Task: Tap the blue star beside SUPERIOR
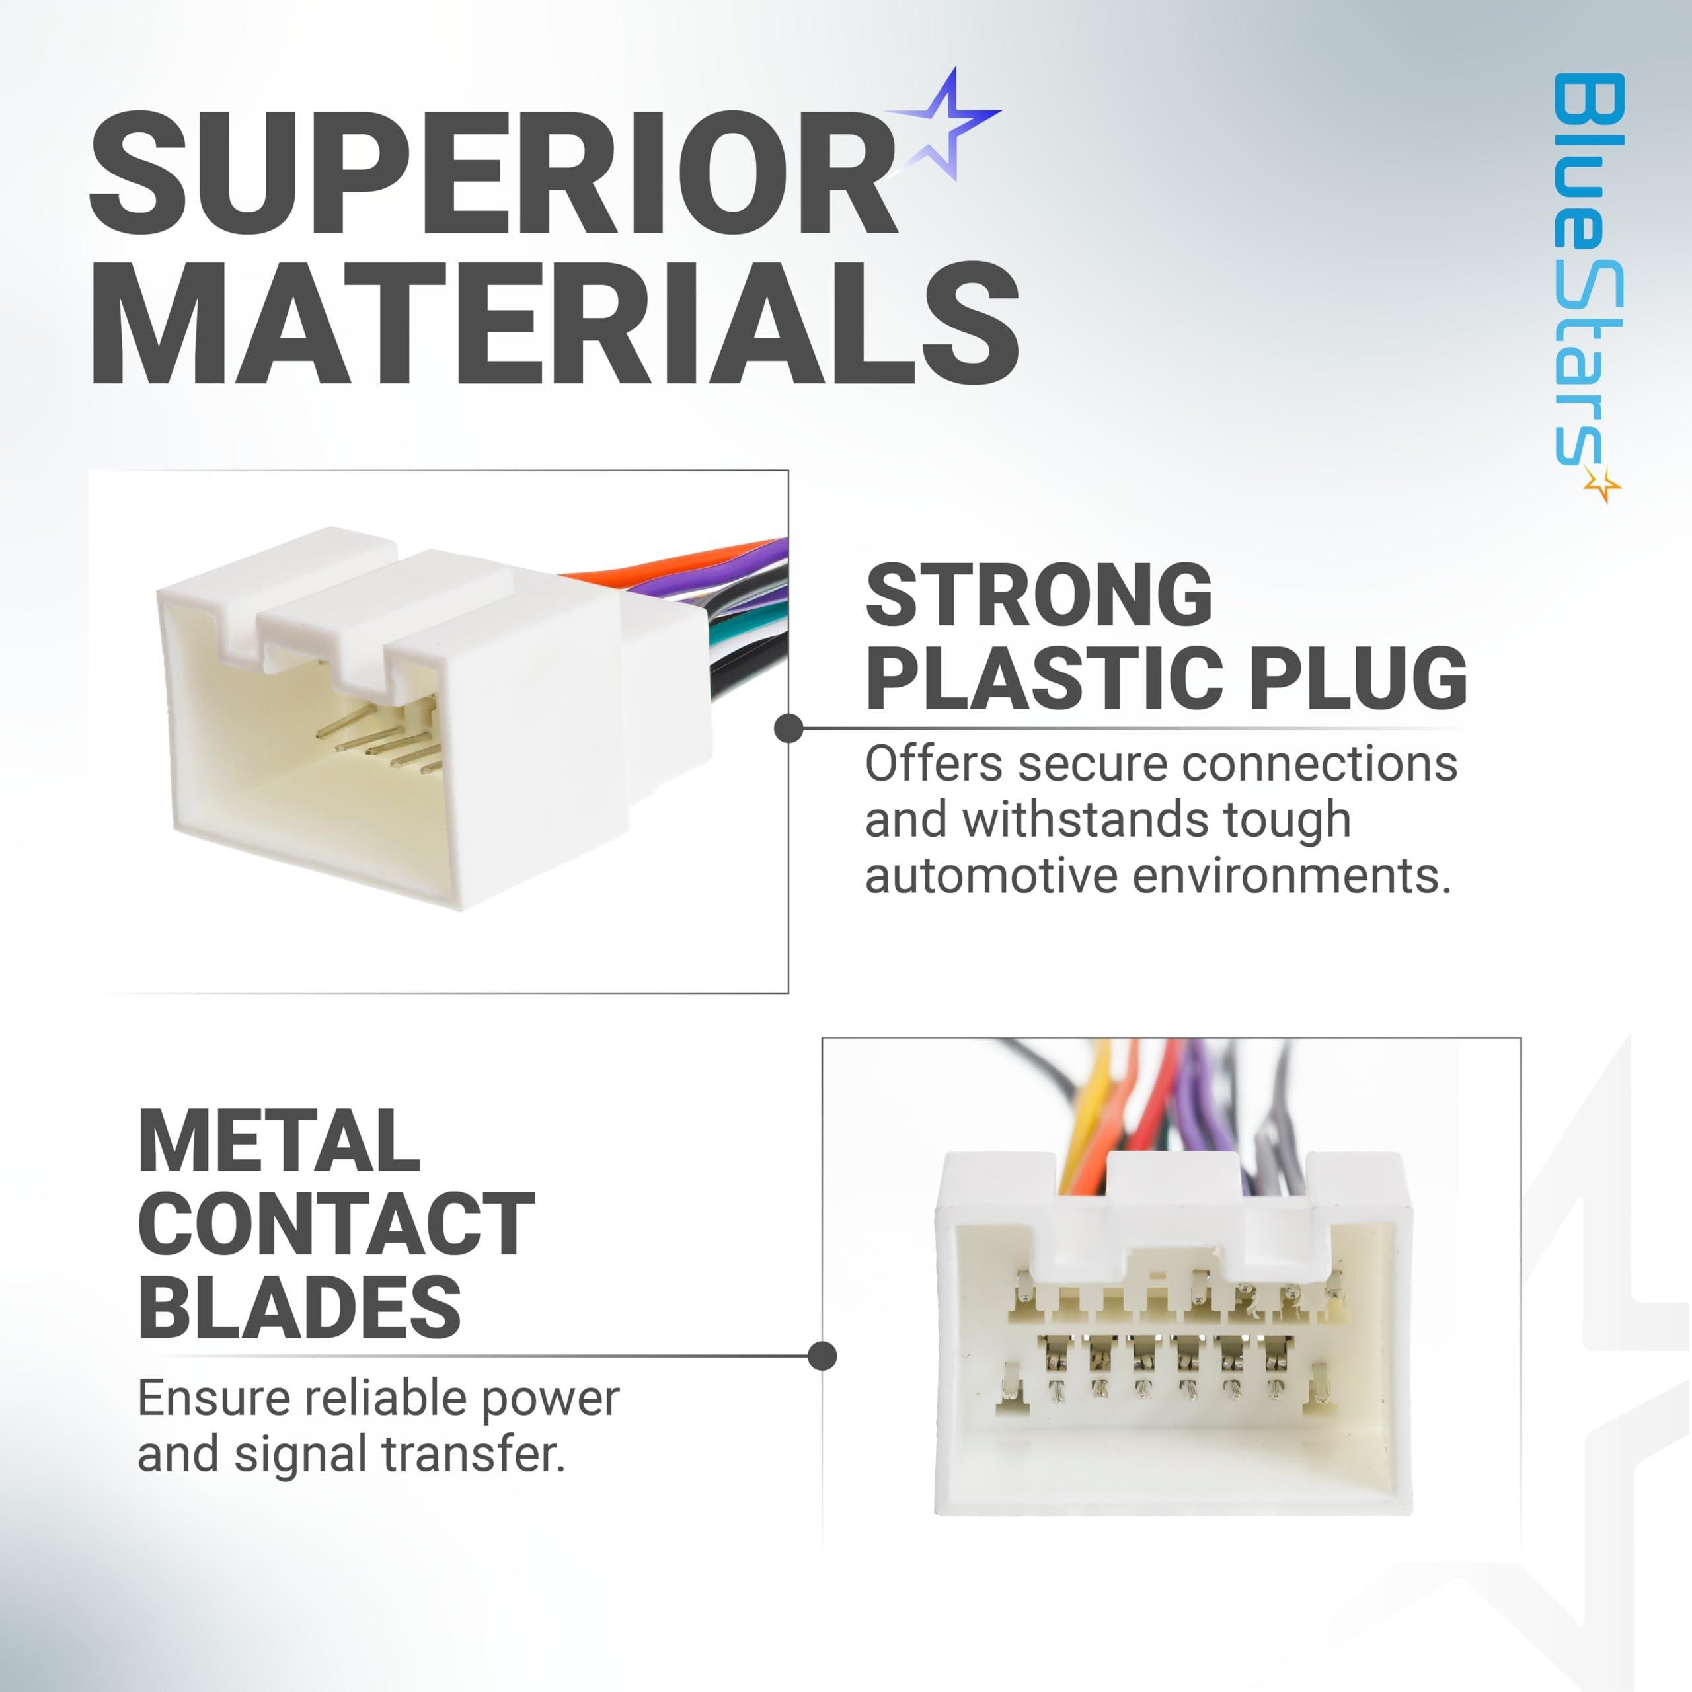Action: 944,124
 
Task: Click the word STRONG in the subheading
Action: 1039,596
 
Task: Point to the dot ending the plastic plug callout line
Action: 789,728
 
